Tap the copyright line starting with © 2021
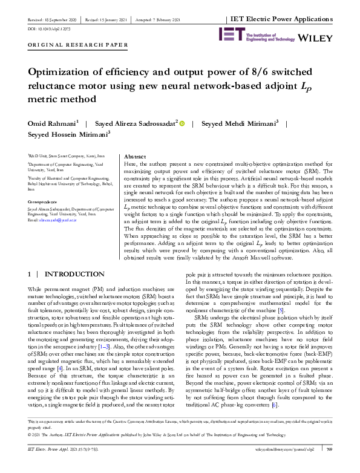[145, 451]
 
